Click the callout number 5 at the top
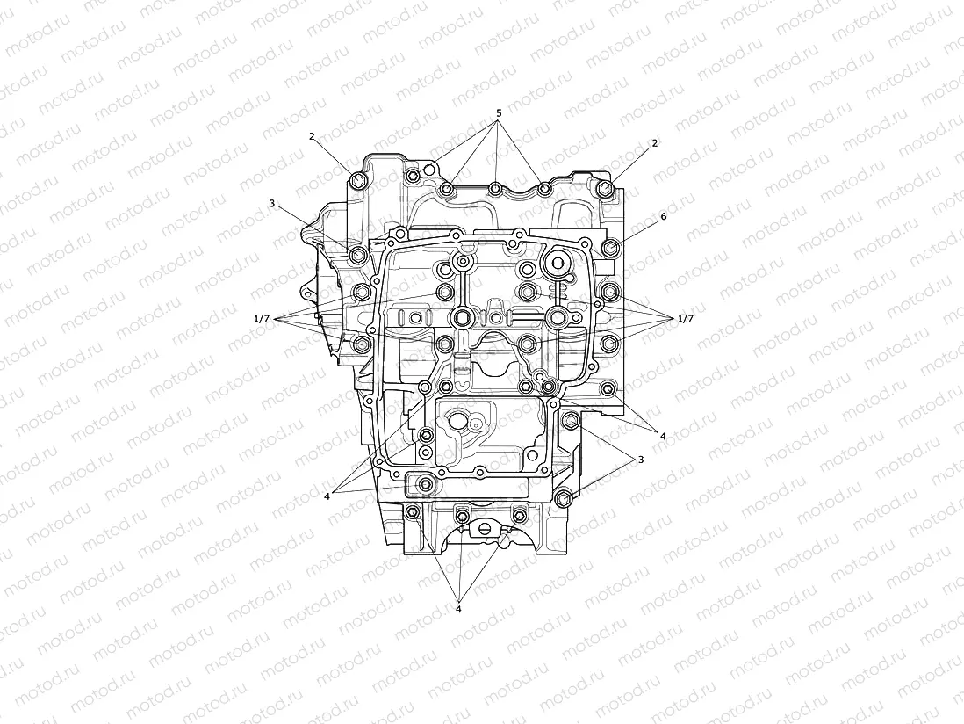pyautogui.click(x=499, y=113)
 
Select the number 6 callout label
pyautogui.click(x=664, y=215)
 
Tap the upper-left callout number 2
pyautogui.click(x=312, y=137)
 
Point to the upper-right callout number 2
pyautogui.click(x=654, y=142)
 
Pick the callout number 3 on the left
pyautogui.click(x=272, y=203)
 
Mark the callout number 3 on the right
pyautogui.click(x=641, y=459)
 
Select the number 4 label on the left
pyautogui.click(x=327, y=496)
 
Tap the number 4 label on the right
pyautogui.click(x=663, y=435)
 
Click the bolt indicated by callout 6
pyautogui.click(x=611, y=248)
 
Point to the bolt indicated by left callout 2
pyautogui.click(x=357, y=181)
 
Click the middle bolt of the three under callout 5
pyautogui.click(x=495, y=189)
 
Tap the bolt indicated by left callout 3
pyautogui.click(x=357, y=255)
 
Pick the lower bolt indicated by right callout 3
pyautogui.click(x=565, y=498)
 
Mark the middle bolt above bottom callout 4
pyautogui.click(x=463, y=513)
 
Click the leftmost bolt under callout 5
pyautogui.click(x=447, y=190)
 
